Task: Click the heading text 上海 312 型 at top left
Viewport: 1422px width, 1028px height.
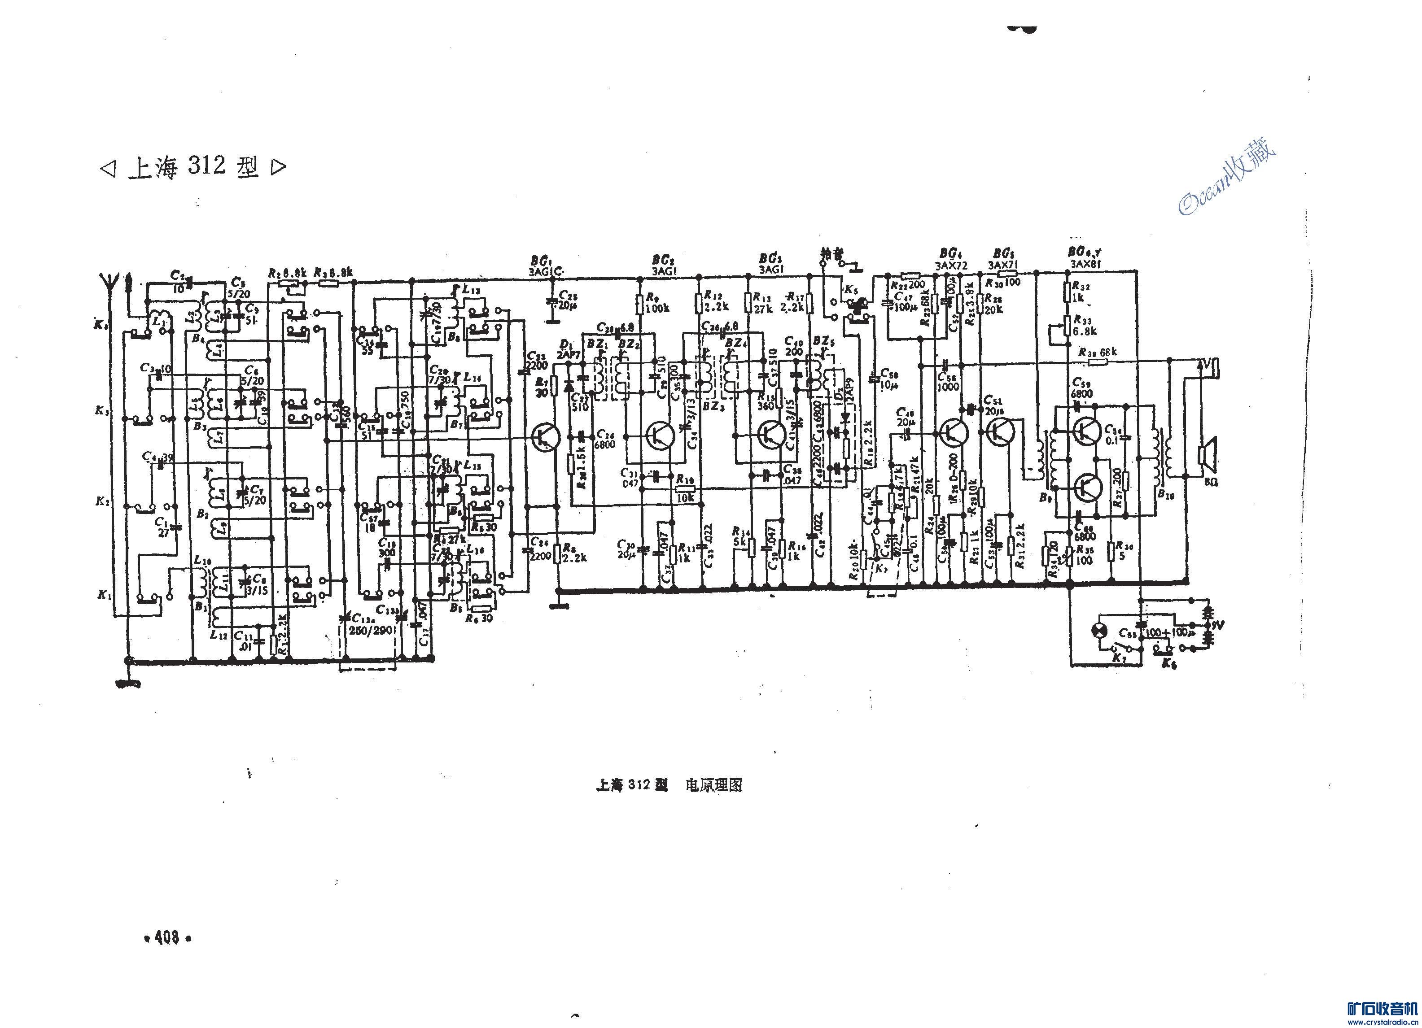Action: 193,167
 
